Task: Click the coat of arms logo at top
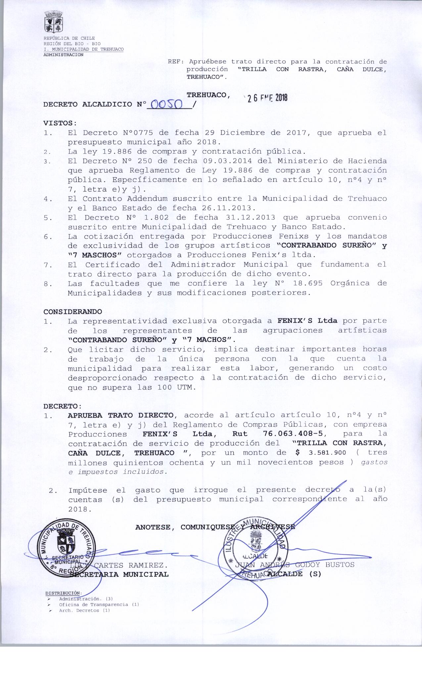[x=54, y=22]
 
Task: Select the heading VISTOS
[x=60, y=123]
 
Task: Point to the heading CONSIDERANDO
[x=73, y=312]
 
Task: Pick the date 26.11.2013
[x=228, y=208]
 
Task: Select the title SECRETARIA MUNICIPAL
[x=119, y=574]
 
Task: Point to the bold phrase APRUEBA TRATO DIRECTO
[x=120, y=415]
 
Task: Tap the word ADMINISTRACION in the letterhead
[x=64, y=55]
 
